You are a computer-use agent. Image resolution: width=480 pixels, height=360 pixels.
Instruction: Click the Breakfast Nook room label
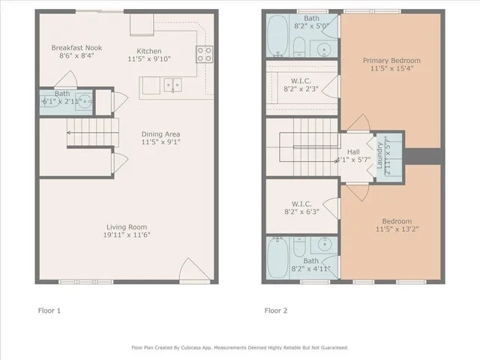click(x=76, y=47)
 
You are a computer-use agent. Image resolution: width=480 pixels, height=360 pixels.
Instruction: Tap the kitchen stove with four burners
click(x=204, y=53)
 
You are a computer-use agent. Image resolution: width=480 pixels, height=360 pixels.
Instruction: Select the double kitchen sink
click(x=172, y=85)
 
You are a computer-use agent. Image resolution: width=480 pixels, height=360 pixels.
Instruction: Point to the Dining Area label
click(x=160, y=134)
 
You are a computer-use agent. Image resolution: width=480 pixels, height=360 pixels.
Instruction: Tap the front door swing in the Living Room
click(x=190, y=268)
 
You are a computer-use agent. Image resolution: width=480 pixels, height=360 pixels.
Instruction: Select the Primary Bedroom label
click(x=391, y=60)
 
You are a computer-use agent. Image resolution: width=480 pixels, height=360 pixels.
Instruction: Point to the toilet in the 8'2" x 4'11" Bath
click(x=298, y=249)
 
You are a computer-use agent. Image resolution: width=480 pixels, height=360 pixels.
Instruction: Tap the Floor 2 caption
click(x=274, y=310)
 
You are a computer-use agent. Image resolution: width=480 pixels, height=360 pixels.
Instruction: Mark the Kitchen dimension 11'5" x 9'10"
click(x=150, y=57)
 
